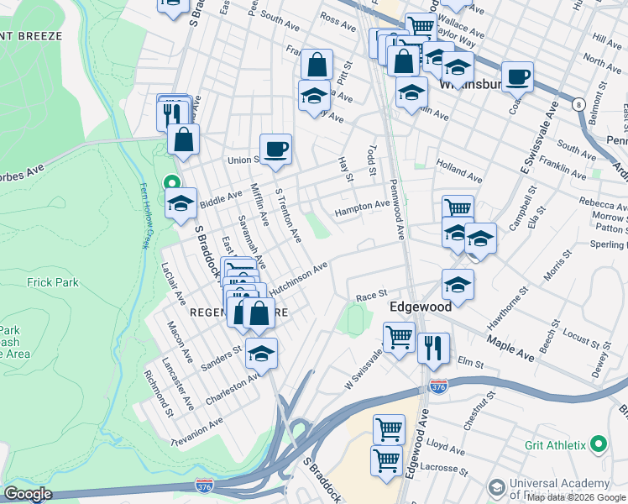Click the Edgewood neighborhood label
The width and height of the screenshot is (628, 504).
[x=421, y=307]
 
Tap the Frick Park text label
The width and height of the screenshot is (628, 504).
[x=53, y=282]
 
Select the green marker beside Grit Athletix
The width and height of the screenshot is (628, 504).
[x=598, y=443]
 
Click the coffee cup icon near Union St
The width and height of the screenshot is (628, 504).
[x=275, y=150]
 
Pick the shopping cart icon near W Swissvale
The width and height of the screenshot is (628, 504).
[x=399, y=337]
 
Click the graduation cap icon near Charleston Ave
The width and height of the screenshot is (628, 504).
[x=262, y=354]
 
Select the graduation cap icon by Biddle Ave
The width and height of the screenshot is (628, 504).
[x=181, y=204]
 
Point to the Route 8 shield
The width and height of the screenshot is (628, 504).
[x=578, y=104]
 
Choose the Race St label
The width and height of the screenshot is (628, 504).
[x=370, y=296]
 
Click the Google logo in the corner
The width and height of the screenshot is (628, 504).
[x=28, y=494]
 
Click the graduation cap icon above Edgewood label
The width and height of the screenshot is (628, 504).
[x=458, y=284]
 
